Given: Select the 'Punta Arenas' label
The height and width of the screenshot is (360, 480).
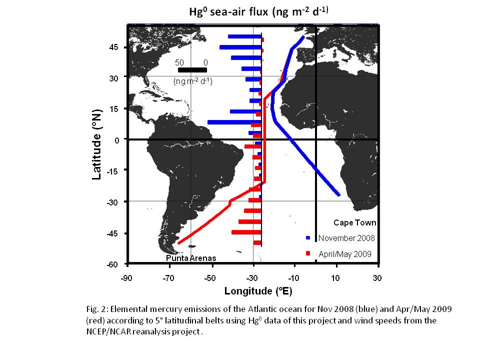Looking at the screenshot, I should point(191,258).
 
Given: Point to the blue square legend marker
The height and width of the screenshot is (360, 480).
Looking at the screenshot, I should point(308,238).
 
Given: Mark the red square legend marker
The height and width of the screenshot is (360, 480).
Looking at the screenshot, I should point(308,253).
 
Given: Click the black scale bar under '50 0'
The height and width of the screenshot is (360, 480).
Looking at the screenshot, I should point(192,70).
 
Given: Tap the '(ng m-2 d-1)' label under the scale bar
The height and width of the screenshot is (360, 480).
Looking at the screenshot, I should point(192,81).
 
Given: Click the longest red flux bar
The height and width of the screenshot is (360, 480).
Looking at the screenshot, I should point(246,232).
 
